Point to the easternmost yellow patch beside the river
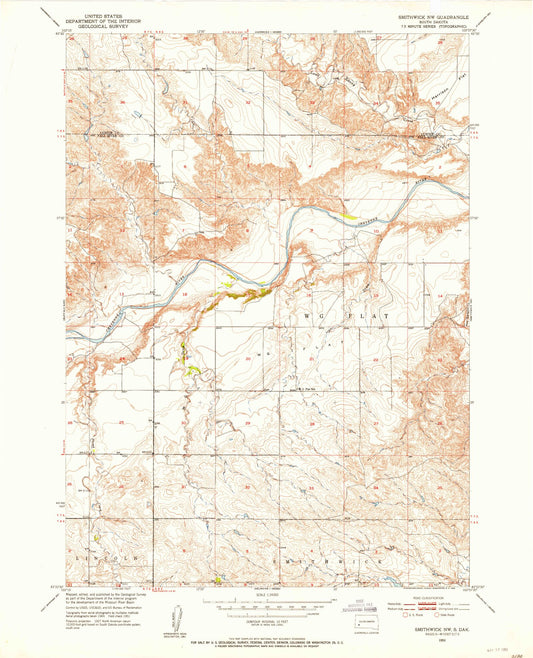point(350,214)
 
